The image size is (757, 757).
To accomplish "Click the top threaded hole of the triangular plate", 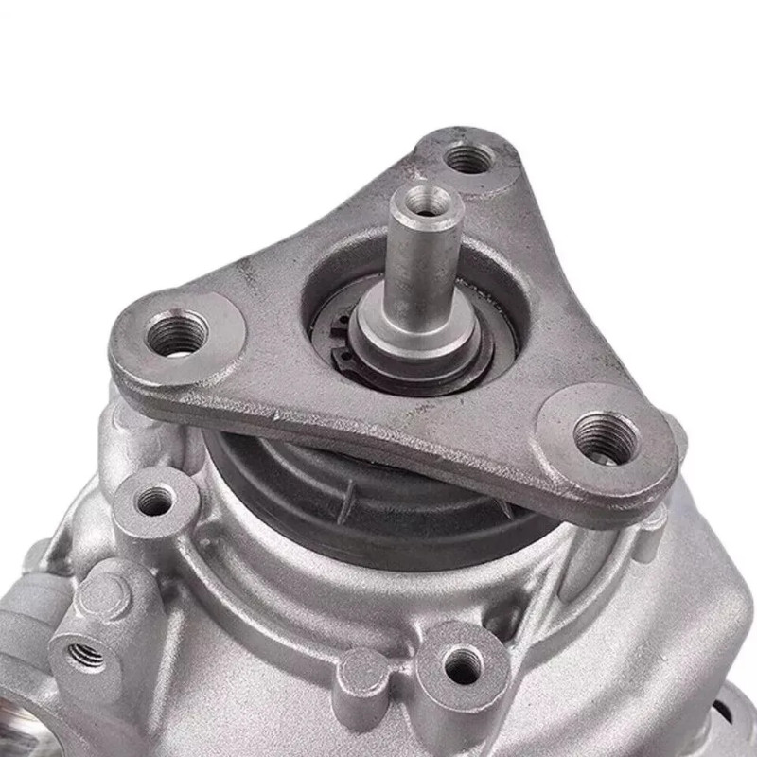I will tap(469, 158).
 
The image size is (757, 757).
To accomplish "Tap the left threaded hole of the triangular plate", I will tap(178, 333).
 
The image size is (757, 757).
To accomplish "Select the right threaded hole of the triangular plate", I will tap(603, 437).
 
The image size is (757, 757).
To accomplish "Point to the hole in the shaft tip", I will tap(428, 200).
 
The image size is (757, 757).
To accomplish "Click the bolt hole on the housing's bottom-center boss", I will tap(463, 665).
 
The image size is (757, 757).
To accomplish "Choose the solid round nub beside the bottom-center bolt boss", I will tap(363, 675).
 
